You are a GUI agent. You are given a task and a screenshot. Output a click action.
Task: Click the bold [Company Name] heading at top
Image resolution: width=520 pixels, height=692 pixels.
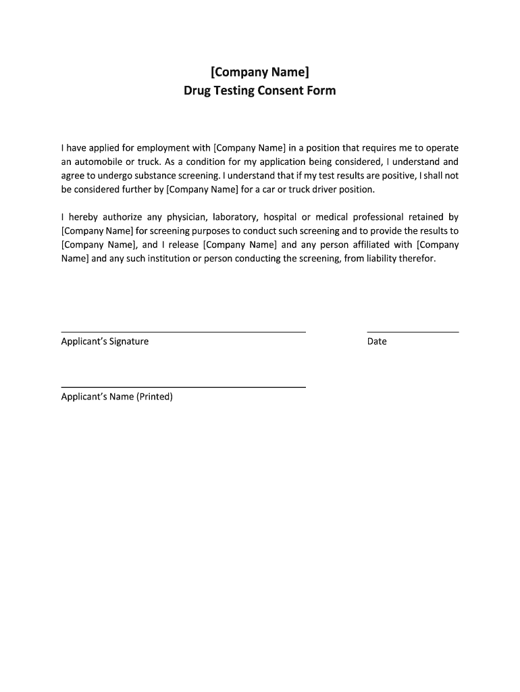point(260,72)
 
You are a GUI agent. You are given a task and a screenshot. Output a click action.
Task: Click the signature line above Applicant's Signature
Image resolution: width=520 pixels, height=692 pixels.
point(183,332)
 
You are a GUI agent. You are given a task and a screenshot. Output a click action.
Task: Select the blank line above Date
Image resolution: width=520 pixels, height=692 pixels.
point(413,332)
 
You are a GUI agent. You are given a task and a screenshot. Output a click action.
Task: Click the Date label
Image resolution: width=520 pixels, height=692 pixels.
point(377,341)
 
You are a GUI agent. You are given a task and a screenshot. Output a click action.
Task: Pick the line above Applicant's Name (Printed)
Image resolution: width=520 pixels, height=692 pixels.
point(183,387)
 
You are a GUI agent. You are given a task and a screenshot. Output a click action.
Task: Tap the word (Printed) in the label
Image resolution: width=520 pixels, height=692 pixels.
point(155,397)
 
